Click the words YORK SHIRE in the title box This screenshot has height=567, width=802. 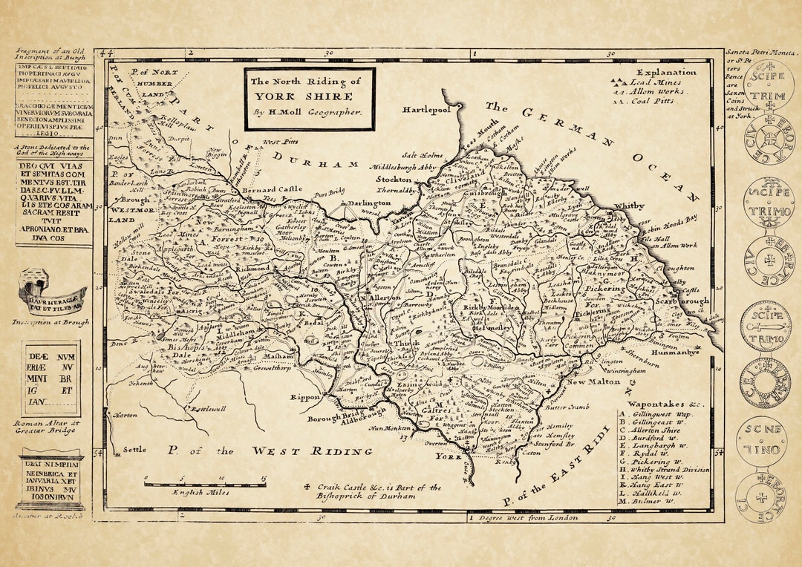pos(310,96)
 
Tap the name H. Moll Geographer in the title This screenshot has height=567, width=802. pos(308,112)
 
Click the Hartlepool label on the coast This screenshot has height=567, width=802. pos(427,109)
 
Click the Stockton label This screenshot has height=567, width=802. pos(394,180)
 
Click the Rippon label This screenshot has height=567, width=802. pos(306,397)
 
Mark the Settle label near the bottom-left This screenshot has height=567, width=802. pos(135,449)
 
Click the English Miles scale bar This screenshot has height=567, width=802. pos(205,483)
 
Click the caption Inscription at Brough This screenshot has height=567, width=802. pos(50,322)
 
